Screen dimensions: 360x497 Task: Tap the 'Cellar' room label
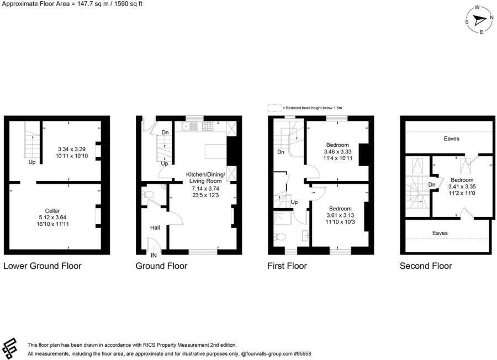pos(53,210)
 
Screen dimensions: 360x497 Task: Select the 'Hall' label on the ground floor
pos(156,227)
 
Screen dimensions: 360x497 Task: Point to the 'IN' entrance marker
pos(153,255)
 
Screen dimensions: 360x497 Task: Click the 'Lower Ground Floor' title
pos(43,266)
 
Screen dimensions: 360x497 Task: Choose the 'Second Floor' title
pos(426,266)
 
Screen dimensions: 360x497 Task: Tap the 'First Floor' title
pos(287,266)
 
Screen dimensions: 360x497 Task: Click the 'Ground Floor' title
pos(161,266)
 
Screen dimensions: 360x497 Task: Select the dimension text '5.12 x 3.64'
pos(53,218)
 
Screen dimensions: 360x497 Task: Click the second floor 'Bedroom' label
pos(462,180)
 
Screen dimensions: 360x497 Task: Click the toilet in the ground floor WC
pos(148,194)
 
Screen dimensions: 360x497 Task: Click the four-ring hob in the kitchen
pos(208,126)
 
